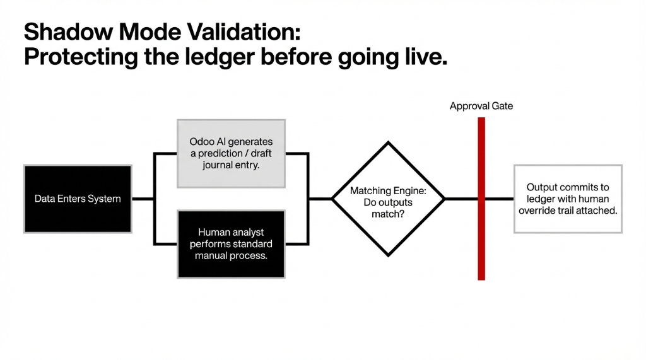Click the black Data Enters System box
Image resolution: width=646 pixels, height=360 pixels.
[78, 199]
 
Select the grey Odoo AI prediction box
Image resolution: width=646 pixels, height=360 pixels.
[231, 153]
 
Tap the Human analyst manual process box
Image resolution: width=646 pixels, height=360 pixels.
[231, 244]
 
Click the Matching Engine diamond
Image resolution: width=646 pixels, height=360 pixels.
[387, 199]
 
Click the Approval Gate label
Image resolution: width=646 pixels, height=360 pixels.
[481, 106]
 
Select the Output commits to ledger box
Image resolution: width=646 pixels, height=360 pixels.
[568, 199]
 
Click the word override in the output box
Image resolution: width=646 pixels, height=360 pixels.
[537, 210]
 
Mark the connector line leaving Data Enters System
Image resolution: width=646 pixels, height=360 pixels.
[143, 199]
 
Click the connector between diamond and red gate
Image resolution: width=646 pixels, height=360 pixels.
[461, 199]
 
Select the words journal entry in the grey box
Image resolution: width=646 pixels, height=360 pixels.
[231, 165]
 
